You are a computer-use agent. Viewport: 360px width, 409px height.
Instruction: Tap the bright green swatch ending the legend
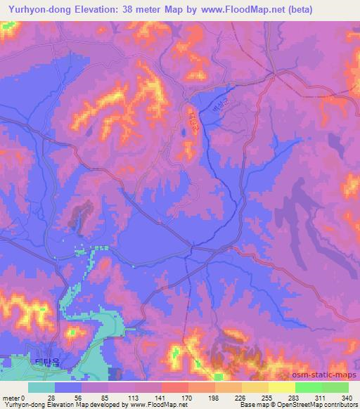pyautogui.click(x=322, y=387)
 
